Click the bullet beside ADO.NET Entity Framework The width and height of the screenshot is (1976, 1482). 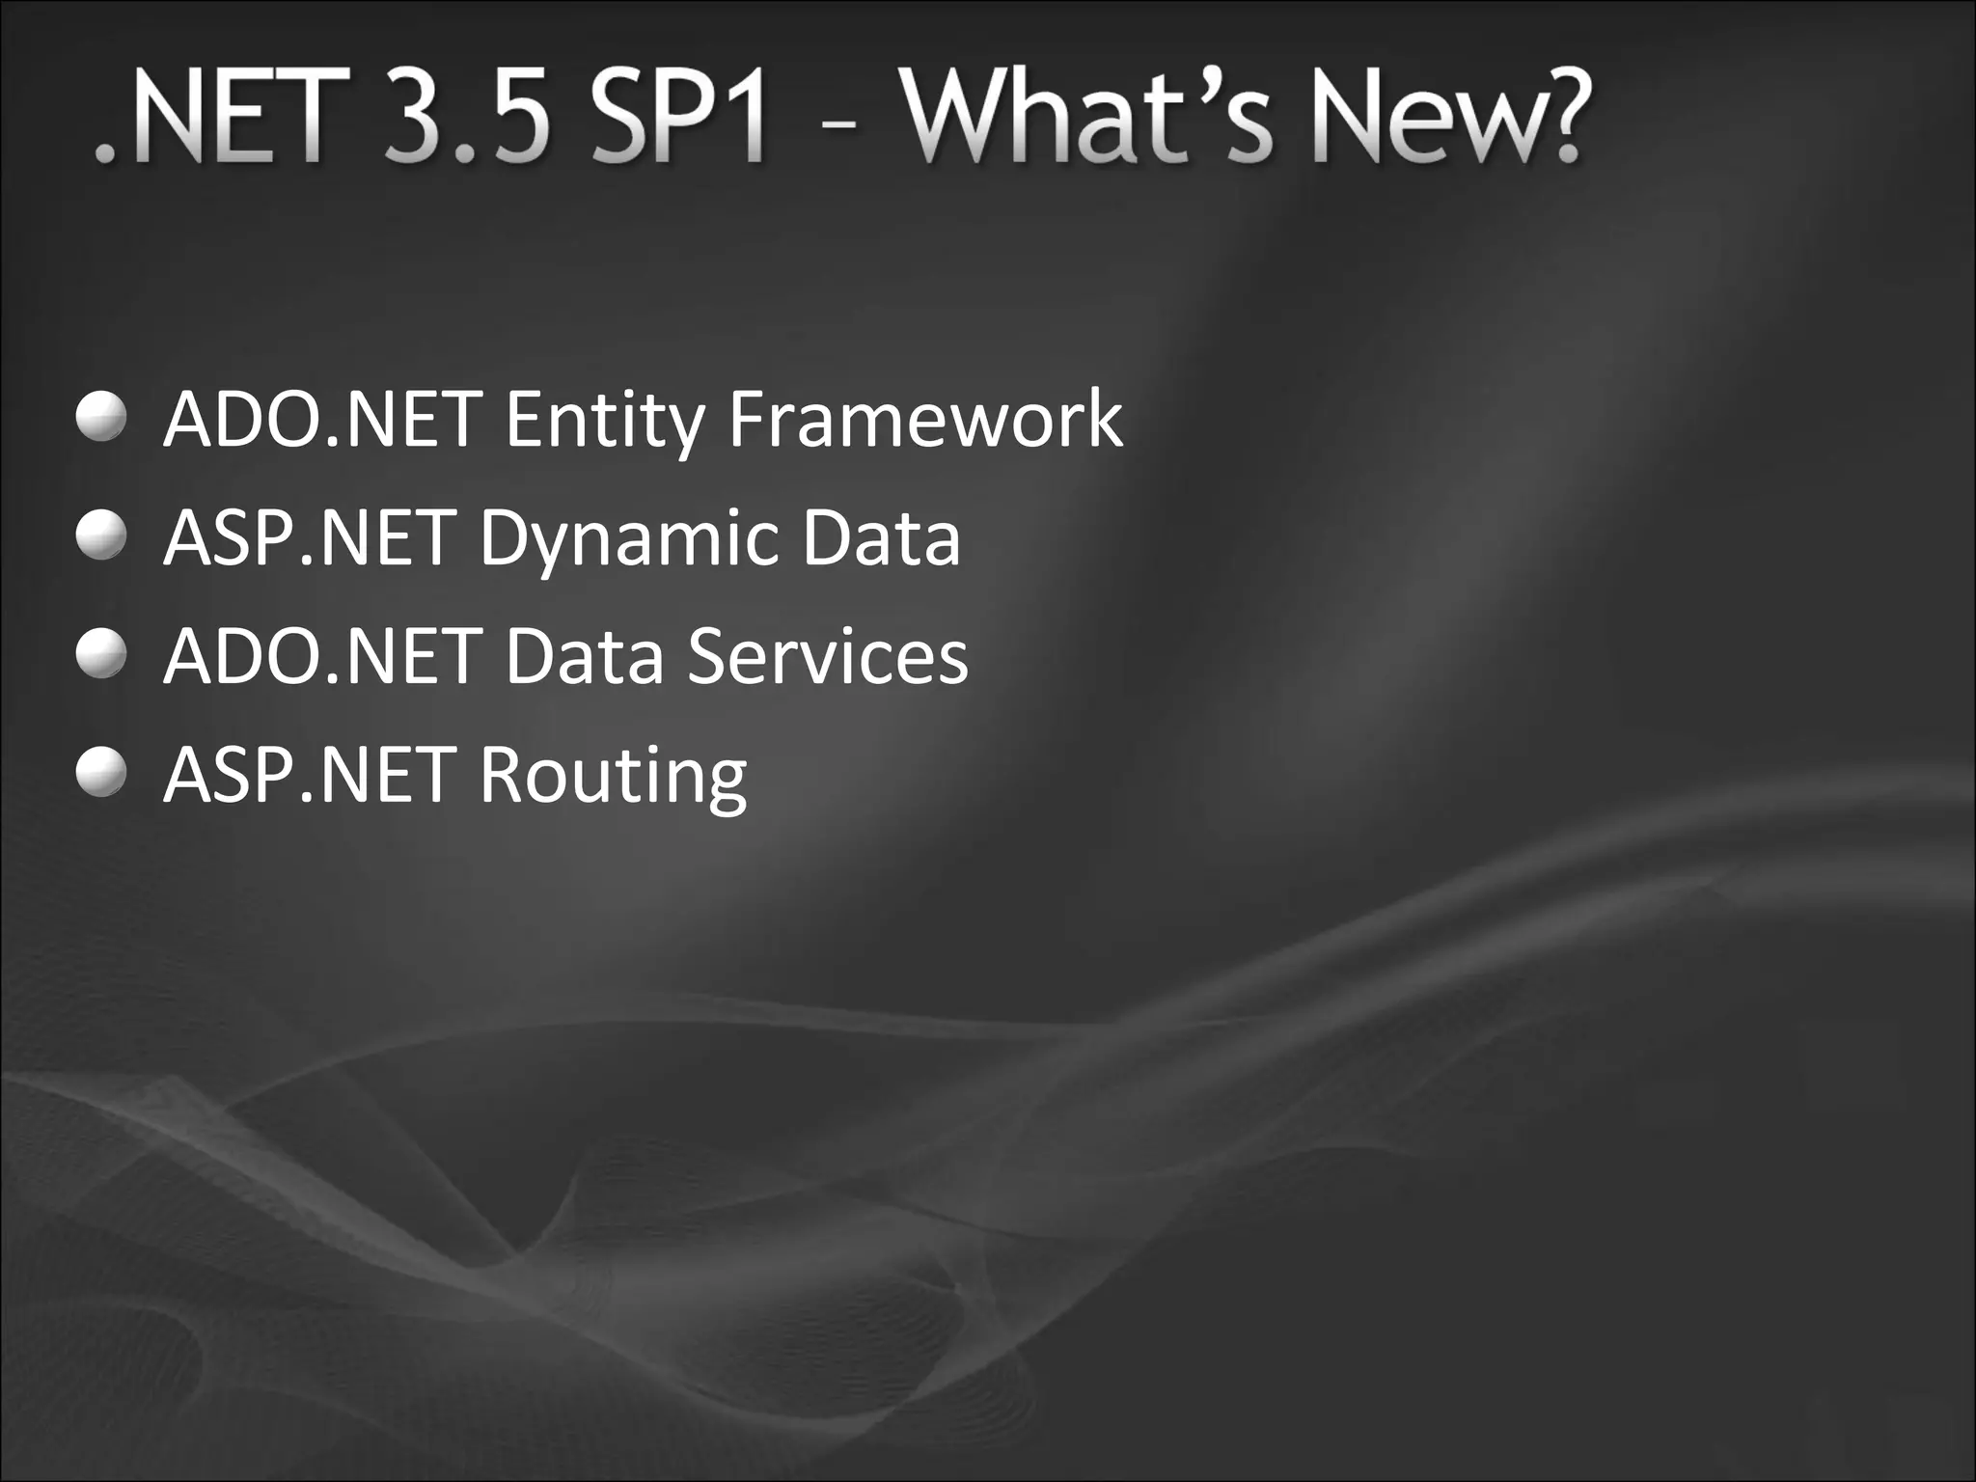[101, 418]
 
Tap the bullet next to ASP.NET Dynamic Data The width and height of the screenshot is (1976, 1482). [101, 536]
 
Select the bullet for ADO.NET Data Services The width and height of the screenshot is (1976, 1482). [101, 655]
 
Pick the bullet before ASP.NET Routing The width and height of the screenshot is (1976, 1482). [101, 774]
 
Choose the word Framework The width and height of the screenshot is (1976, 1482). [925, 419]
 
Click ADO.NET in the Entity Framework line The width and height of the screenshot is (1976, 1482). [323, 419]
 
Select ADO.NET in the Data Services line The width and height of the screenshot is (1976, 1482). [323, 656]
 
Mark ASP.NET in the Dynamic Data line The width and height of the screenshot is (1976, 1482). [310, 537]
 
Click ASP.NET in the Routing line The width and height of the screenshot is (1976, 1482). [310, 775]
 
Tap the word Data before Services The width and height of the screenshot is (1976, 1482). [585, 656]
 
